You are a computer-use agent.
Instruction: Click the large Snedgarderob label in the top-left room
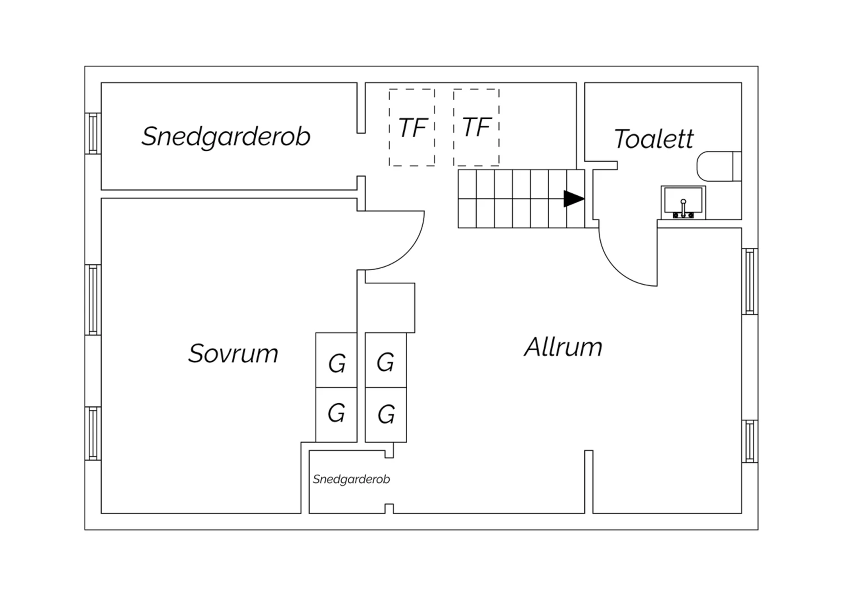click(226, 136)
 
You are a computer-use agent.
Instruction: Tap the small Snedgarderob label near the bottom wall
click(351, 479)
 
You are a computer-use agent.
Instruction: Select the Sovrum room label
click(233, 354)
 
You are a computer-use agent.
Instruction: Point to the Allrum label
click(563, 347)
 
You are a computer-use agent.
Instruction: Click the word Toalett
click(653, 139)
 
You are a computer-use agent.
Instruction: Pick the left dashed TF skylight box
click(412, 127)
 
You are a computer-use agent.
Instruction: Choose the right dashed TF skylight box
click(476, 127)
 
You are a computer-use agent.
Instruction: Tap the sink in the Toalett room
click(683, 203)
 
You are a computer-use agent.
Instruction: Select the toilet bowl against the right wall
click(719, 166)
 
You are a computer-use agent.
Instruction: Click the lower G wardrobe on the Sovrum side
click(336, 414)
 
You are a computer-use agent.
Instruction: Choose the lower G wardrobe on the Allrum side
click(386, 414)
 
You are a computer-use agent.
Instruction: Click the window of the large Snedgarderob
click(93, 134)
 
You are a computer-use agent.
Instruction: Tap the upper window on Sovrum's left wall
click(93, 300)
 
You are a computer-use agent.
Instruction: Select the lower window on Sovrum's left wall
click(93, 433)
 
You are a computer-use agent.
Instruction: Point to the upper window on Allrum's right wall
click(749, 282)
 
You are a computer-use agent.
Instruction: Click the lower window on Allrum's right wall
click(749, 441)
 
